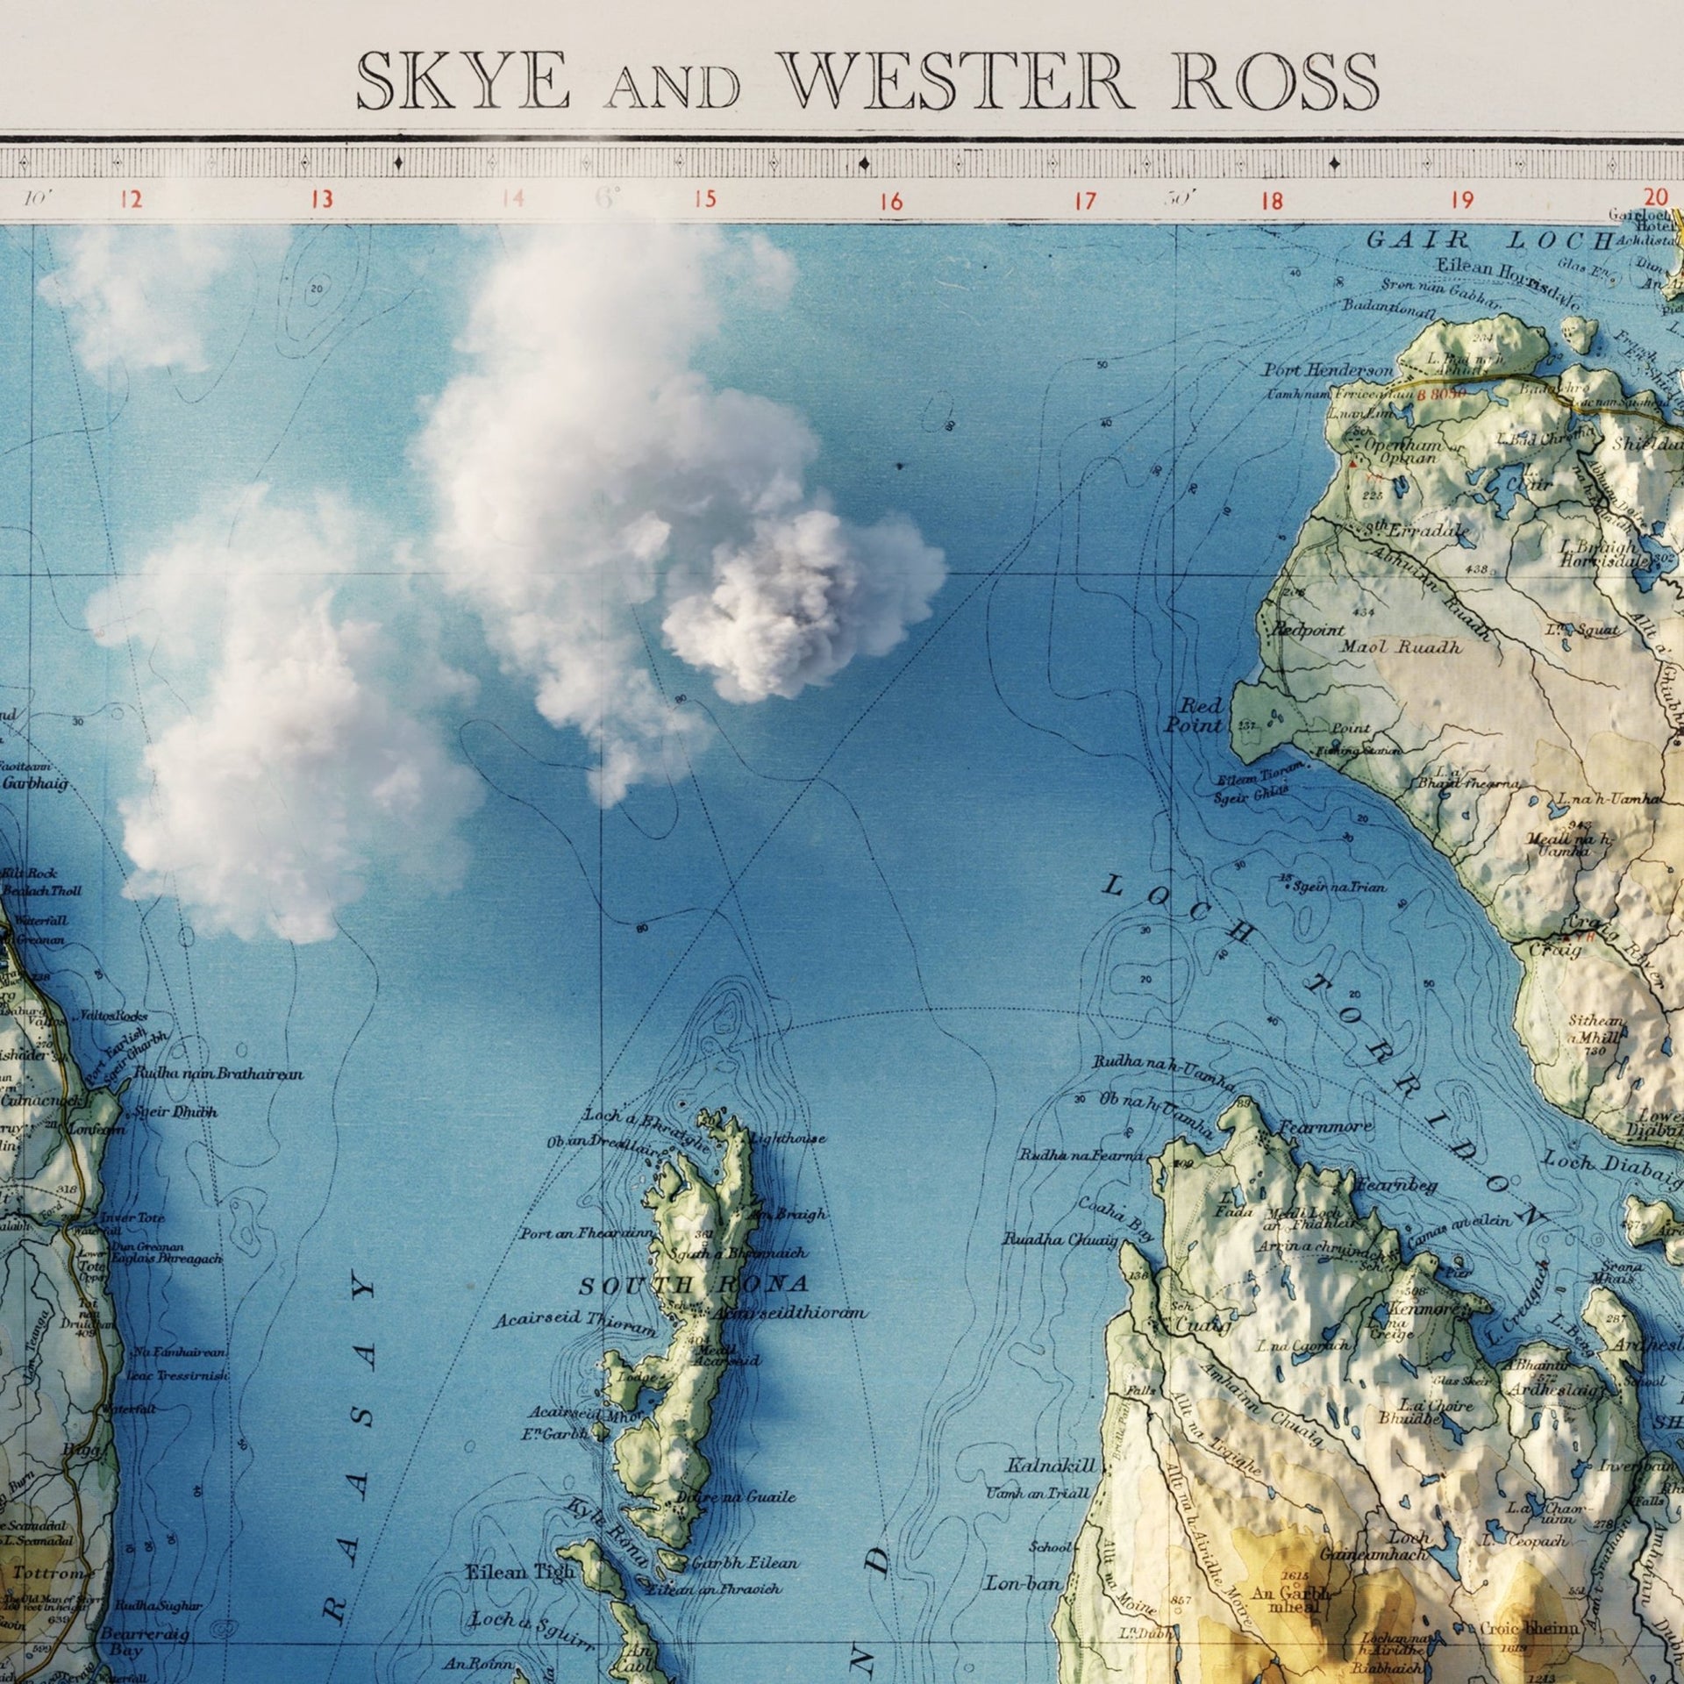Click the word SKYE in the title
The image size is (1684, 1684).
tap(462, 82)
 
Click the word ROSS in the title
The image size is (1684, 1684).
tap(1275, 82)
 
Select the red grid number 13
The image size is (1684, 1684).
tap(322, 200)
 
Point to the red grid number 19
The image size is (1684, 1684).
tap(1462, 200)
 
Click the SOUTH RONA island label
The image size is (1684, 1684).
tap(693, 1286)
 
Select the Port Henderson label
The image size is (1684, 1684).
tap(1327, 371)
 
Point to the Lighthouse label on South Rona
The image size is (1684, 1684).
tap(788, 1139)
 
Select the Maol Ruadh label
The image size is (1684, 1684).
tap(1402, 647)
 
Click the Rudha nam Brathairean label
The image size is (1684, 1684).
tap(218, 1074)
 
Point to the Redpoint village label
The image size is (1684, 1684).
tap(1308, 630)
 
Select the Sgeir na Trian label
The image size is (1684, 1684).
tap(1341, 887)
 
